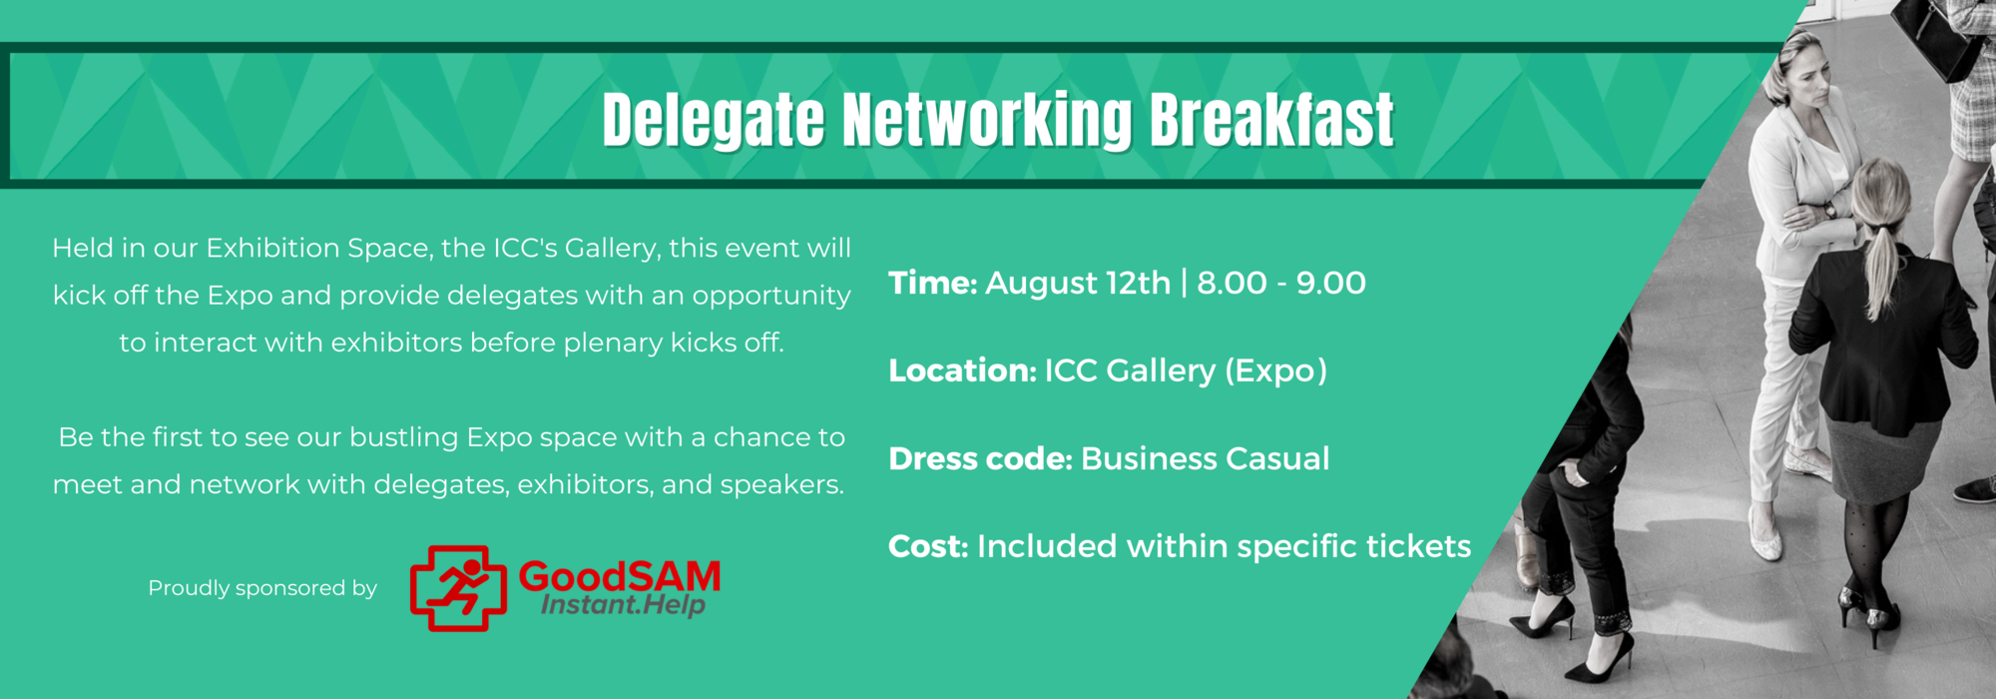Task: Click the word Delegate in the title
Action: point(714,122)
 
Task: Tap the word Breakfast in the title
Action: point(1270,120)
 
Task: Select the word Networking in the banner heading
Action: point(987,122)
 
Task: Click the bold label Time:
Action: point(933,284)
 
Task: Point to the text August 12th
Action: point(1078,284)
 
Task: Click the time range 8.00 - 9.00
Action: point(1281,284)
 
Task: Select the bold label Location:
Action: point(963,371)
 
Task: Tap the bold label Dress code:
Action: point(980,459)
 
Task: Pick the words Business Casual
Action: point(1206,459)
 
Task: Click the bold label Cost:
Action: point(928,547)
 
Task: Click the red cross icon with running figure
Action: point(458,588)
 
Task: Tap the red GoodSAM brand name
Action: point(620,576)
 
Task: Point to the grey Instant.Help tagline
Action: point(623,604)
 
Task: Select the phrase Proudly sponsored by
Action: point(262,588)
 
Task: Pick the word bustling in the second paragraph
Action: point(404,437)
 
